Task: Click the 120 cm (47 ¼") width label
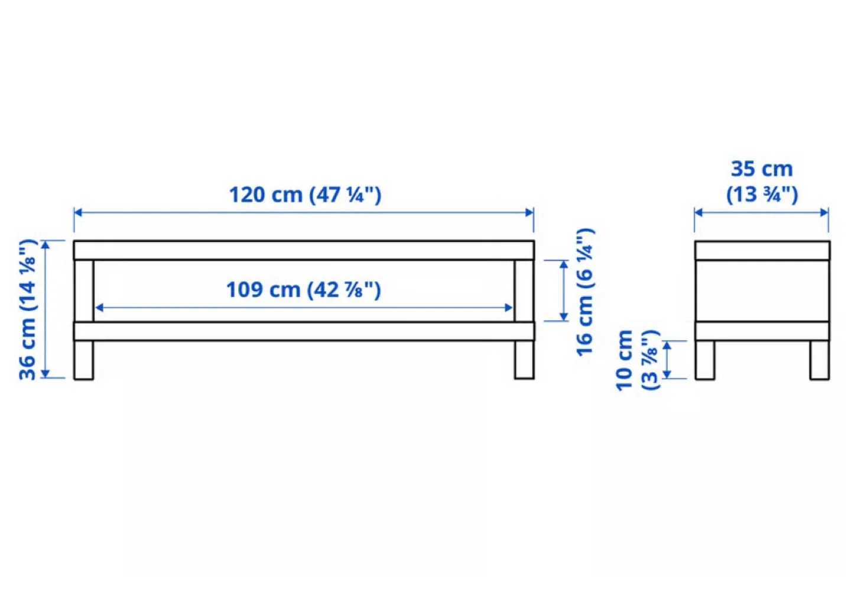click(x=305, y=195)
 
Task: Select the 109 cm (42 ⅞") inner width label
click(x=303, y=290)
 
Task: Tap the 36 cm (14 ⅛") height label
click(x=28, y=309)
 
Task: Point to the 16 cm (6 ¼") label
click(x=584, y=292)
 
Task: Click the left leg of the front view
click(x=83, y=360)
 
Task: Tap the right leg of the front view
click(x=524, y=360)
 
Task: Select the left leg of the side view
click(x=704, y=360)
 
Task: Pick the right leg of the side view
click(x=819, y=360)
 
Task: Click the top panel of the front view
click(x=304, y=250)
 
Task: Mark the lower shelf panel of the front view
click(x=304, y=331)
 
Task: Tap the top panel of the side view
click(x=762, y=250)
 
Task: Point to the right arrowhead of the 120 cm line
click(x=530, y=213)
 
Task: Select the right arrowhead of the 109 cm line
click(x=509, y=308)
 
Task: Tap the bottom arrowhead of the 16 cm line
click(x=564, y=316)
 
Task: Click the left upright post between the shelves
click(x=84, y=290)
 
